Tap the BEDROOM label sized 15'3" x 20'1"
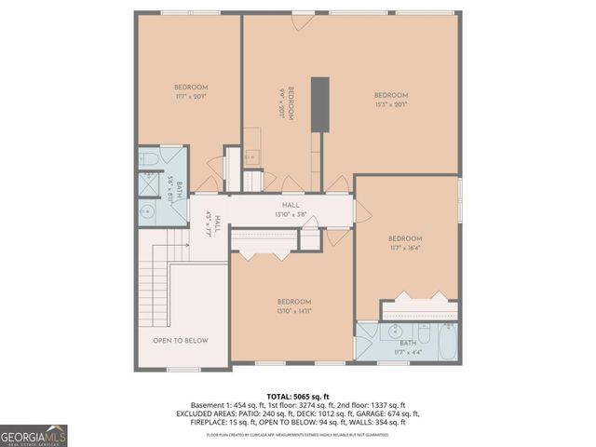pyautogui.click(x=391, y=100)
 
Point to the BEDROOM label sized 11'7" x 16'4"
pyautogui.click(x=405, y=243)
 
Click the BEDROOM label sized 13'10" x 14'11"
pyautogui.click(x=293, y=305)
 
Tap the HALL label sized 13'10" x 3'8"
pyautogui.click(x=291, y=210)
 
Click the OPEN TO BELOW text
pyautogui.click(x=181, y=341)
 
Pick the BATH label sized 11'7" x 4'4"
pyautogui.click(x=408, y=347)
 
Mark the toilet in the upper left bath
pyautogui.click(x=149, y=161)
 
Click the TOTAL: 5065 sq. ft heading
pyautogui.click(x=298, y=395)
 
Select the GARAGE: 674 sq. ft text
pyautogui.click(x=387, y=413)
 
